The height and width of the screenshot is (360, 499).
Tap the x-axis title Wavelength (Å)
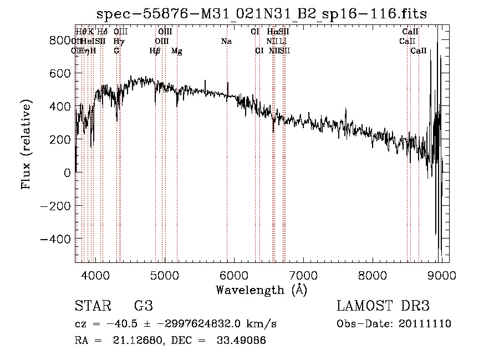(x=262, y=290)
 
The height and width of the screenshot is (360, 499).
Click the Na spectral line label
(x=226, y=42)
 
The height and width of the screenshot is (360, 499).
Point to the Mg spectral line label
(x=177, y=51)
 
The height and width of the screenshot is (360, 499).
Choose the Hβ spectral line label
(x=155, y=51)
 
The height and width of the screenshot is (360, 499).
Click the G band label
(x=116, y=51)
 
